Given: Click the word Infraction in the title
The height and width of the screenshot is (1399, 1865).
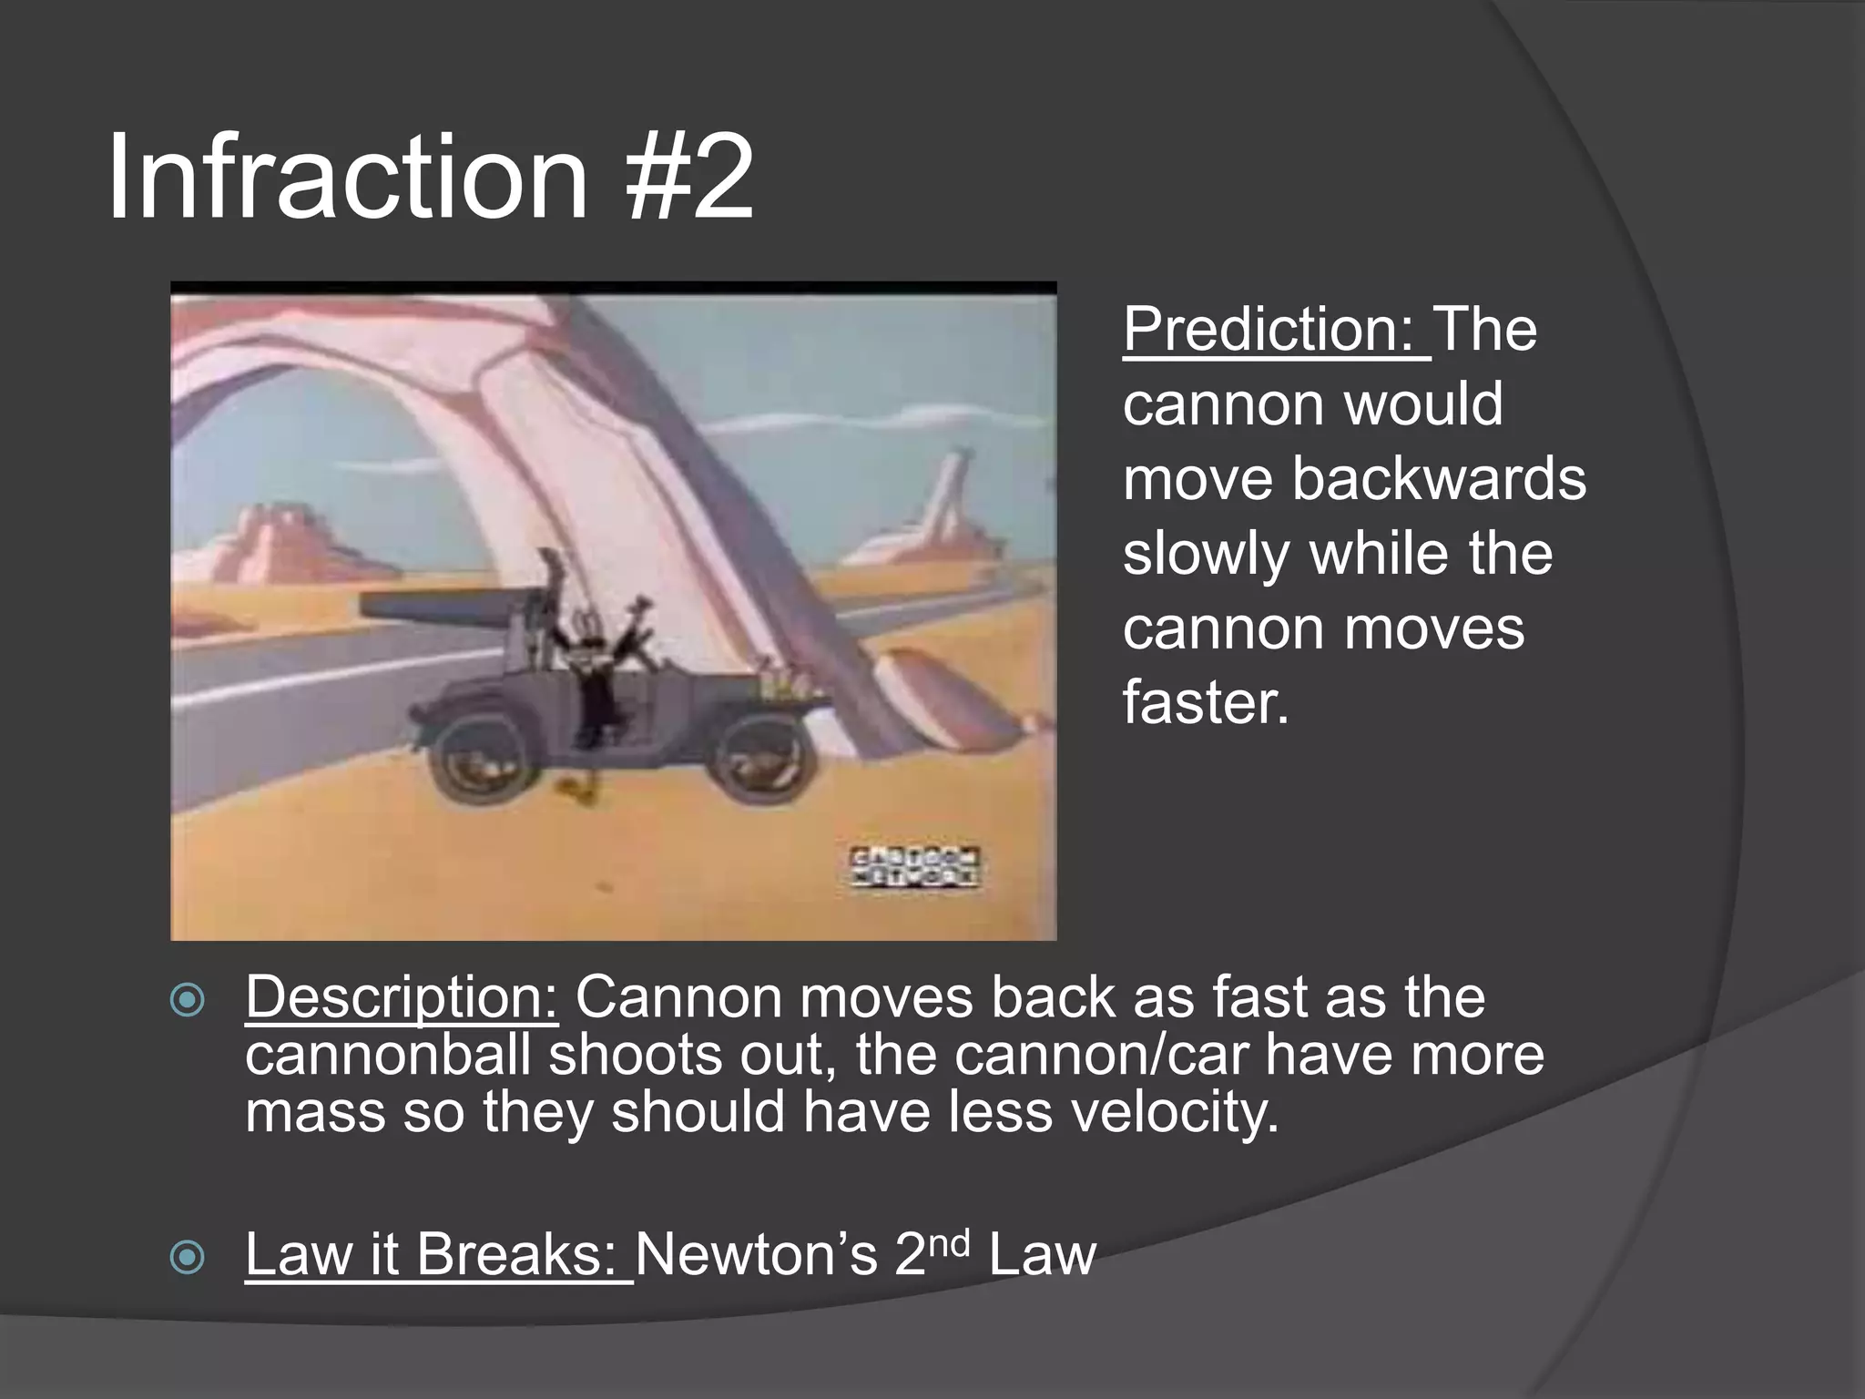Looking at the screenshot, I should point(347,178).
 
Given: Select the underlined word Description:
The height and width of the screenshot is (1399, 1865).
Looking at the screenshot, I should point(401,996).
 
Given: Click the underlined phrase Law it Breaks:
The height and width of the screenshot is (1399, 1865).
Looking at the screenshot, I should point(438,1254).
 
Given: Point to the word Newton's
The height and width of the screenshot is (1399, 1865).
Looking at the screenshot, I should point(756,1254).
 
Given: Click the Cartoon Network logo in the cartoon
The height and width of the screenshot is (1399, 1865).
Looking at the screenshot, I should point(914,867).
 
